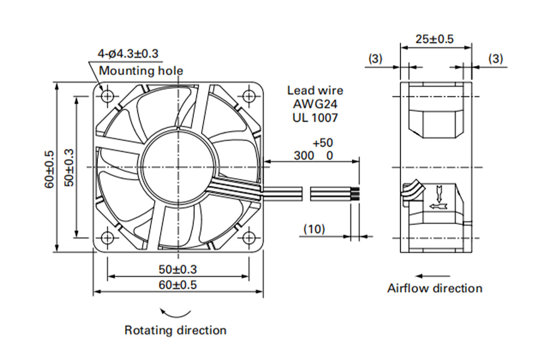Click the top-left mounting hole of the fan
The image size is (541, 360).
[108, 96]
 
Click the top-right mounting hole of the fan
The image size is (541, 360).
[249, 96]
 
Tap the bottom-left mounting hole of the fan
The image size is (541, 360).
[108, 238]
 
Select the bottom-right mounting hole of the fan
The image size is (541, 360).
[249, 238]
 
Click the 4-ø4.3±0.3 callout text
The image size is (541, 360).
[128, 54]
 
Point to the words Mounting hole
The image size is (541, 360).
[141, 71]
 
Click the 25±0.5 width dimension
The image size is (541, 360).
[434, 39]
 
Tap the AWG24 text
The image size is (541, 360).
[315, 104]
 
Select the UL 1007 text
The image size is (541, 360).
[315, 117]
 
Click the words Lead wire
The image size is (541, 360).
[315, 90]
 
